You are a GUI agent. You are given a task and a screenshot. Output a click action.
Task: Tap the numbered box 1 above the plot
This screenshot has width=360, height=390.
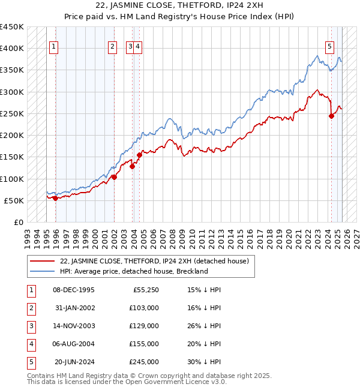tap(54, 47)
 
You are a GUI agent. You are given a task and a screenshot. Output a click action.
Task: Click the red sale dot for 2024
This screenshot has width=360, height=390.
tap(331, 116)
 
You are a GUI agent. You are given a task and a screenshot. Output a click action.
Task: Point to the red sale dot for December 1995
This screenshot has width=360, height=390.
tap(55, 198)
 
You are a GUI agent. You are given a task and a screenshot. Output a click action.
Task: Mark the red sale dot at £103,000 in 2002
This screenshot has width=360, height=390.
tap(113, 177)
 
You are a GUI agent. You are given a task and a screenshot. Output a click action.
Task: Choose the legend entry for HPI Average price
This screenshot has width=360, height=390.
tap(133, 271)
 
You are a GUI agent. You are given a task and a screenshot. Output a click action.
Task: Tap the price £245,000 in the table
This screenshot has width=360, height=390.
tap(145, 362)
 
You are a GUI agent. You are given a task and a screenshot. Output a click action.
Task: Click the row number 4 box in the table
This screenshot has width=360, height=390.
tap(30, 344)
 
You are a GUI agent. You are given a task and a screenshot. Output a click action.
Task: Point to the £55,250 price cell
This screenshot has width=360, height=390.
tap(145, 290)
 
